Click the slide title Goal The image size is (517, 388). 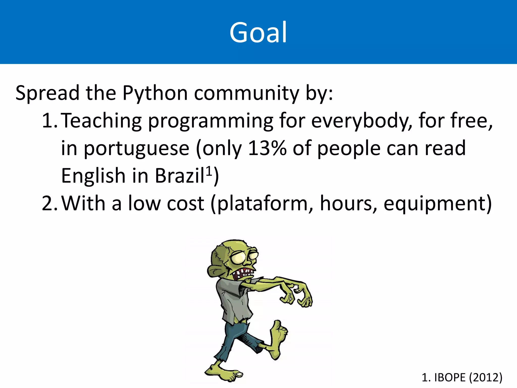[x=258, y=32]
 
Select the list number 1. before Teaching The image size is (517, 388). [x=49, y=121]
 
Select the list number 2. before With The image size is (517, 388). [x=49, y=204]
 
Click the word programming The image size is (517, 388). [x=210, y=121]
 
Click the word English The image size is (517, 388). [x=93, y=176]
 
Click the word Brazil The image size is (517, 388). [x=179, y=176]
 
